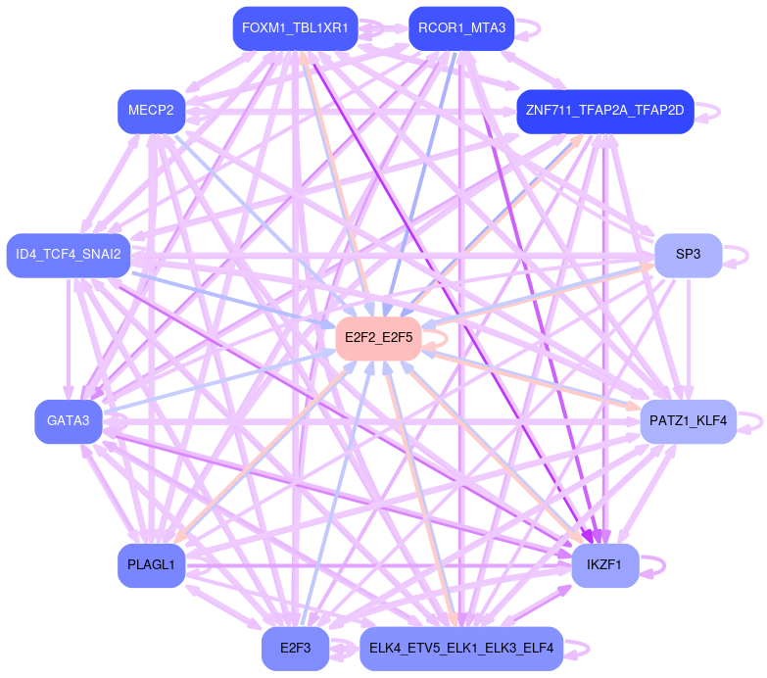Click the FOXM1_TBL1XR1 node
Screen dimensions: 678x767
[x=295, y=28]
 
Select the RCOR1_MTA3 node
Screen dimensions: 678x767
[x=461, y=28]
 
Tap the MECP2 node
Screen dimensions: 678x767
[x=151, y=110]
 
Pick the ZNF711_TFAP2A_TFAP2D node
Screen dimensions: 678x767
[x=604, y=110]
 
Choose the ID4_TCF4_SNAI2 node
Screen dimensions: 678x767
[x=69, y=255]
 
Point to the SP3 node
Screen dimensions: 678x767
[x=688, y=255]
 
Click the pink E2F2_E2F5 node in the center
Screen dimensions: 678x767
[x=378, y=338]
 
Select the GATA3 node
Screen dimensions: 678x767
[x=69, y=421]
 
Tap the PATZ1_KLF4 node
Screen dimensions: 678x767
[x=688, y=421]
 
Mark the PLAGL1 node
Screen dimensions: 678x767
[x=151, y=565]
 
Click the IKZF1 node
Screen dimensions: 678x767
[x=604, y=565]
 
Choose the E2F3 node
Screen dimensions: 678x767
[x=295, y=649]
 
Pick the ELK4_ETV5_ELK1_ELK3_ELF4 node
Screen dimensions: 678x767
[x=461, y=649]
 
